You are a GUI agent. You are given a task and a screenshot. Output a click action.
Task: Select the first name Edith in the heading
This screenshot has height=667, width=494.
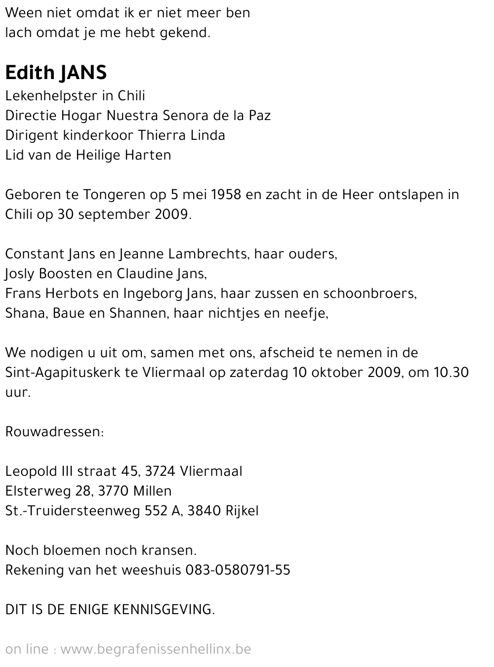click(x=30, y=73)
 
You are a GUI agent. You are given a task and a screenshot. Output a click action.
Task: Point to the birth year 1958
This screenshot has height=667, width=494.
click(x=226, y=195)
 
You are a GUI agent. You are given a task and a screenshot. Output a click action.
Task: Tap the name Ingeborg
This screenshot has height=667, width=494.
click(x=150, y=293)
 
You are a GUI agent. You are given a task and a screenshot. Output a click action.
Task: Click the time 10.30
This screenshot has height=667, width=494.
click(x=451, y=373)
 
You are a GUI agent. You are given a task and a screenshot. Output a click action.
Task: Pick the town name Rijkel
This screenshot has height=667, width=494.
click(x=242, y=511)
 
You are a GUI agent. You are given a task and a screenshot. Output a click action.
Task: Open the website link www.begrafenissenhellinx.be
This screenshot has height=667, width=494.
click(x=156, y=649)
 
